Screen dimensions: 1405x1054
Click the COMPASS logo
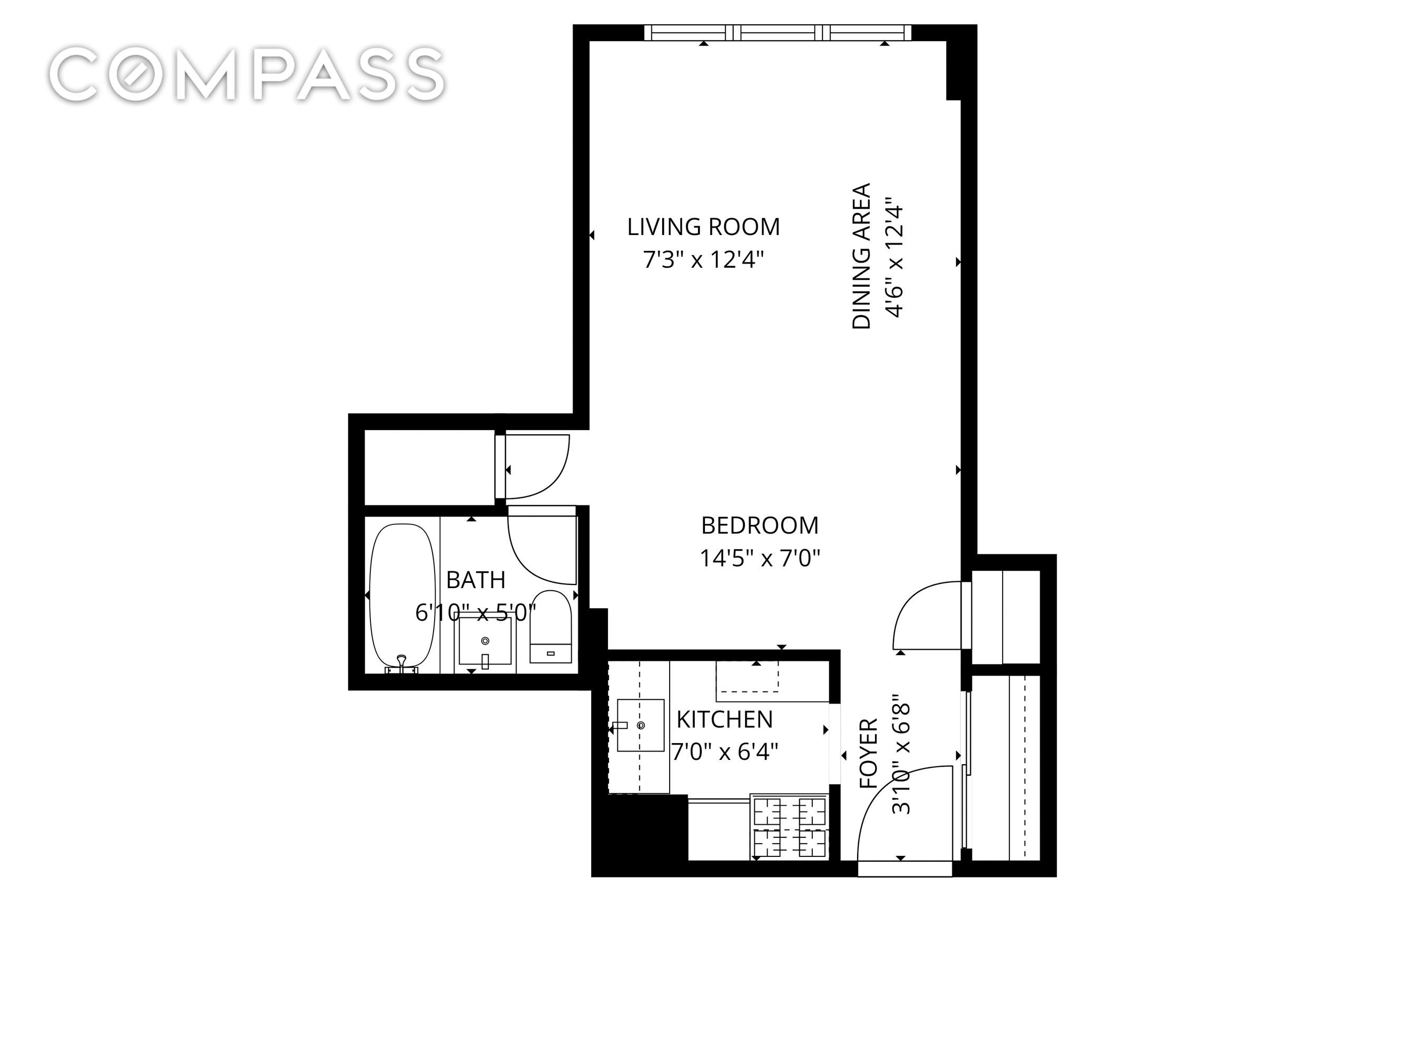247,74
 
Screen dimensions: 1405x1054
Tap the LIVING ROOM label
703,227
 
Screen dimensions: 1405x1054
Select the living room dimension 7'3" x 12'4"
703,260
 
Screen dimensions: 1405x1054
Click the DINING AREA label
861,256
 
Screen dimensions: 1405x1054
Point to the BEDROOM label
760,525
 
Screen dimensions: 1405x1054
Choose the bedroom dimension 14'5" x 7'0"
760,559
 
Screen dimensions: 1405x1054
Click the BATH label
476,580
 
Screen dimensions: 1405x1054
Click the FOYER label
868,754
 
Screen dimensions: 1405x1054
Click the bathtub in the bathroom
402,597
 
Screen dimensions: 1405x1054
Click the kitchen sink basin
641,726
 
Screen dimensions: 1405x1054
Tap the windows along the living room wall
778,32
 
